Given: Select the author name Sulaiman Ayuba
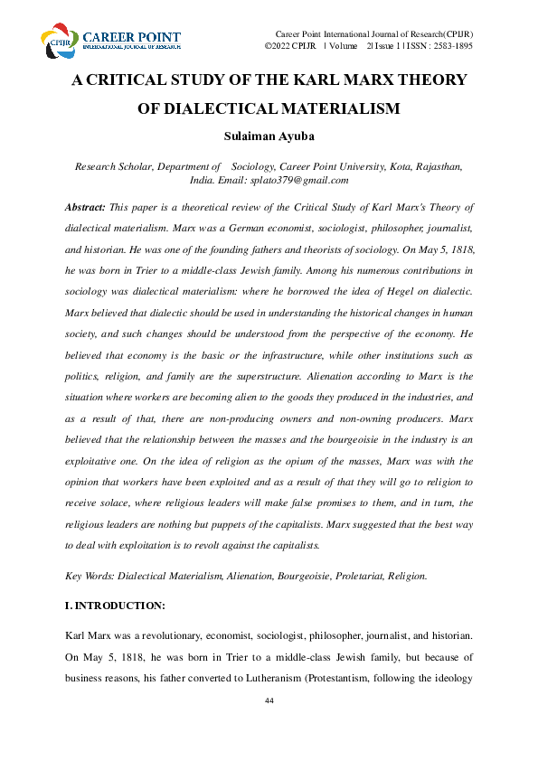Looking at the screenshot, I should [x=269, y=137].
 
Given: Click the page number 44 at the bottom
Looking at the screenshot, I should [x=269, y=702].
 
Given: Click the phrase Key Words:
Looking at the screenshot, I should [x=90, y=576].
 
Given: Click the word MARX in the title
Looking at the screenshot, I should [x=342, y=80].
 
